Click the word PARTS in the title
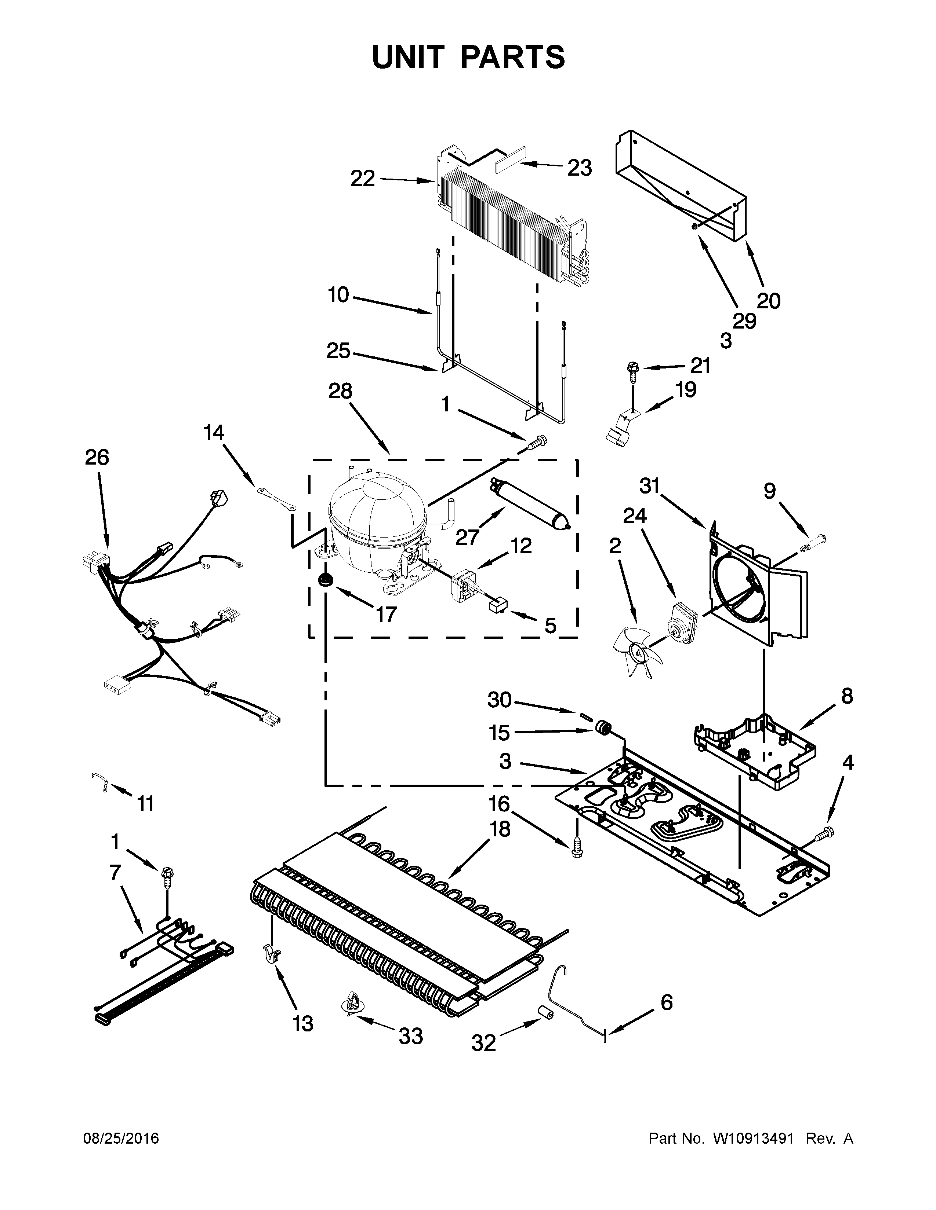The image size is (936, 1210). click(512, 58)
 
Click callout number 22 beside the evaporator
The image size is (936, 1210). click(363, 179)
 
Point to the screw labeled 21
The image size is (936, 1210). click(633, 369)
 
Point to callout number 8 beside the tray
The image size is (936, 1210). click(847, 696)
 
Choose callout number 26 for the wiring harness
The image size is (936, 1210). click(97, 458)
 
